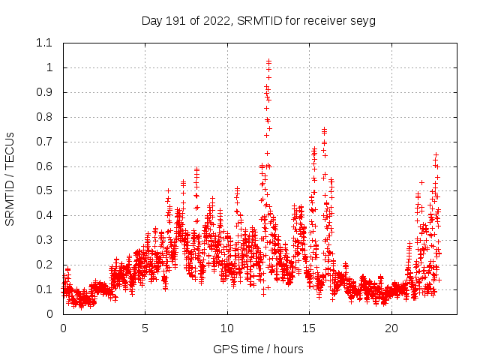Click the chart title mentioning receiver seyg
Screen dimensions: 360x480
pyautogui.click(x=258, y=21)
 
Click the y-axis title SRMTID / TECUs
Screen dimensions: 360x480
pyautogui.click(x=10, y=178)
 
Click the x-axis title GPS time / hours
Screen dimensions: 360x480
pyautogui.click(x=258, y=349)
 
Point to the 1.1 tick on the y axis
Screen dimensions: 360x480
pyautogui.click(x=45, y=43)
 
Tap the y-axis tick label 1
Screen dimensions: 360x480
pyautogui.click(x=50, y=67)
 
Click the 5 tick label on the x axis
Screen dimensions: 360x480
pyautogui.click(x=145, y=328)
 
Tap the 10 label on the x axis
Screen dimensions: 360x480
pyautogui.click(x=227, y=328)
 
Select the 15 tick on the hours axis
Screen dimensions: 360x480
pyautogui.click(x=310, y=328)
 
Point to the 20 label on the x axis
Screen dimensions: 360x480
pyautogui.click(x=391, y=328)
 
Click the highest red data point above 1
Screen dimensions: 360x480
pyautogui.click(x=269, y=61)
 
